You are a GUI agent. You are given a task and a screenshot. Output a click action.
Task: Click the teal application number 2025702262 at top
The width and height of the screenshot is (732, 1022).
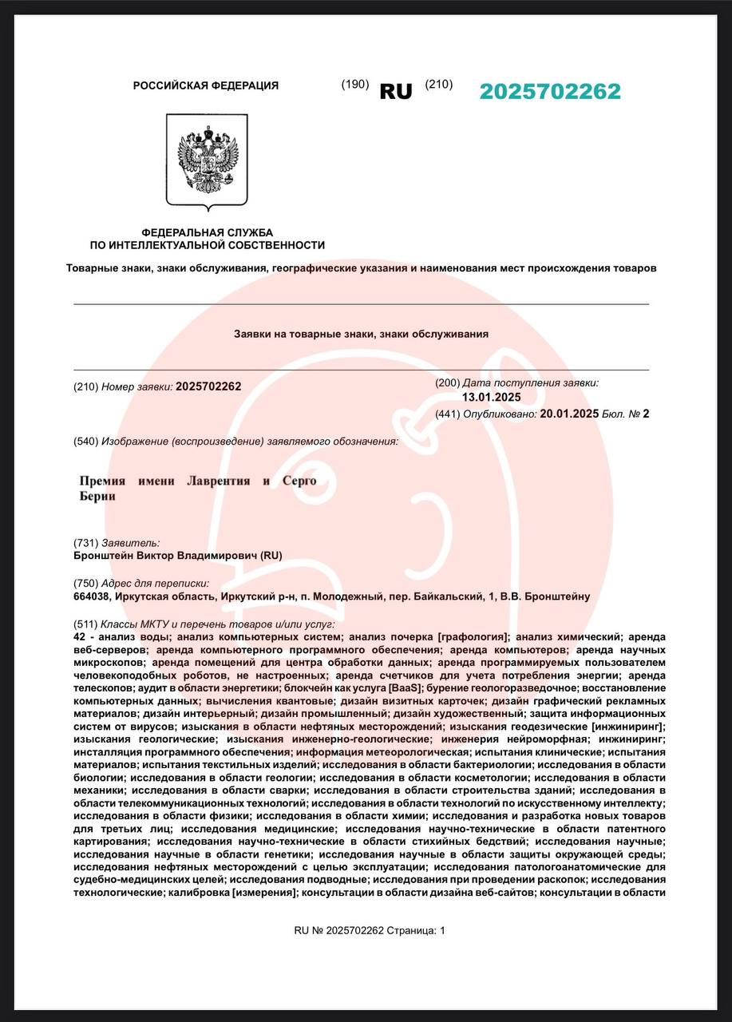coord(549,92)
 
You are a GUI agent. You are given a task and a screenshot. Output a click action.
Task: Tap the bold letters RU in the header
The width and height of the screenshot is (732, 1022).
coord(396,92)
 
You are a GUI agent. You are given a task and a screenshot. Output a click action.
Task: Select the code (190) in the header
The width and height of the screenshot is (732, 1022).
coord(355,85)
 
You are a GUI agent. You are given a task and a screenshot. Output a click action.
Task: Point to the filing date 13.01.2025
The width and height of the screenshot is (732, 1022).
coord(491,398)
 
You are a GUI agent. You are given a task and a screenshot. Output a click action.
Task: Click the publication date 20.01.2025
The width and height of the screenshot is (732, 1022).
coord(569,414)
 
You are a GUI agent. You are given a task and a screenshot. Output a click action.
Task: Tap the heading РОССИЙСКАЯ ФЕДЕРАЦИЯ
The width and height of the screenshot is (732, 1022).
coord(205,85)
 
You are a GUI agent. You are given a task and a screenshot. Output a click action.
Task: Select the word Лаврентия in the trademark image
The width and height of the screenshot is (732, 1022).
coord(218,481)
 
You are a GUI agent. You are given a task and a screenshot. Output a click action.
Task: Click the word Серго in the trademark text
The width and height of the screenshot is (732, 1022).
coord(299,481)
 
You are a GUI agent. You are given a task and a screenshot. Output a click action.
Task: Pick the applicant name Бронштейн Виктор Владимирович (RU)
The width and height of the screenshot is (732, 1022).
coord(177,556)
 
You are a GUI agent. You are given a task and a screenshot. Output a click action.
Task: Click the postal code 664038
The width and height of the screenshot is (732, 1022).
coord(91,596)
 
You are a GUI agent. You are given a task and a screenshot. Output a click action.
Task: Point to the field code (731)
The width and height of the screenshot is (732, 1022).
coord(85,542)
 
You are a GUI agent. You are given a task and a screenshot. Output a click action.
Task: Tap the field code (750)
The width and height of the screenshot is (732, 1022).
coord(85,583)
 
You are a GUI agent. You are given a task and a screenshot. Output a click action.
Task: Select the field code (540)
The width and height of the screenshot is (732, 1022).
coord(85,442)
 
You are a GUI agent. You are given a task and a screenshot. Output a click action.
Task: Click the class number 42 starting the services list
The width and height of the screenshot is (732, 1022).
coord(79,637)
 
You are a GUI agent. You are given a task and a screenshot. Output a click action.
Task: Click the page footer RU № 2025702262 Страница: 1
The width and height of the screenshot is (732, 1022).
coord(370,930)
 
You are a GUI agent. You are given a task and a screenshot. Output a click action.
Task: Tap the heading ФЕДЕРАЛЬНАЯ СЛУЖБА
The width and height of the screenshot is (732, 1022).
coord(207,232)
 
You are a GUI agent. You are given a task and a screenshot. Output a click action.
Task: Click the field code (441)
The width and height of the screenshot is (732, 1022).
coord(447,414)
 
